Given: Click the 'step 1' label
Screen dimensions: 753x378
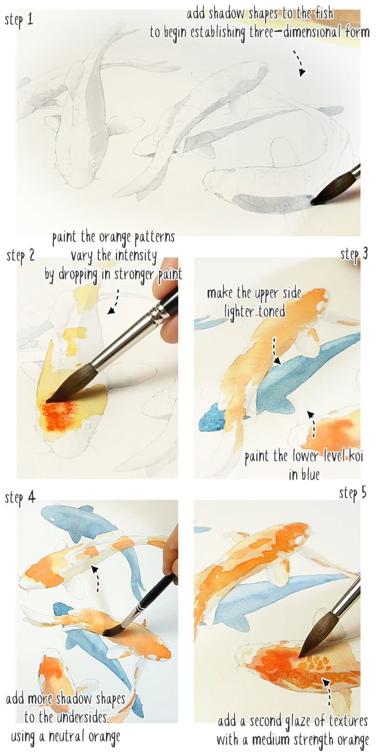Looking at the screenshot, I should [20, 21].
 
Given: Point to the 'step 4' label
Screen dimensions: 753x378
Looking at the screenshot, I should [20, 498].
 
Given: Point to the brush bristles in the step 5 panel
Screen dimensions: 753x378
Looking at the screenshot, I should [310, 643].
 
